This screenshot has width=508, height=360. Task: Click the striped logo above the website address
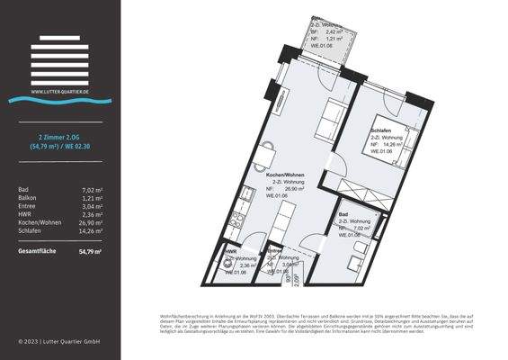[x=59, y=59]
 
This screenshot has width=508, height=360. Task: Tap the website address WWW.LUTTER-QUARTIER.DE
[x=59, y=92]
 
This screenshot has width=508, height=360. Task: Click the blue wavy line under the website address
[x=59, y=101]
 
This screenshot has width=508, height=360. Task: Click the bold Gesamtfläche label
[x=38, y=251]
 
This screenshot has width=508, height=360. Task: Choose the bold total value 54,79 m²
[x=90, y=251]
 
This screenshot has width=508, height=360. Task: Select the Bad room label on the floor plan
[x=343, y=214]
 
